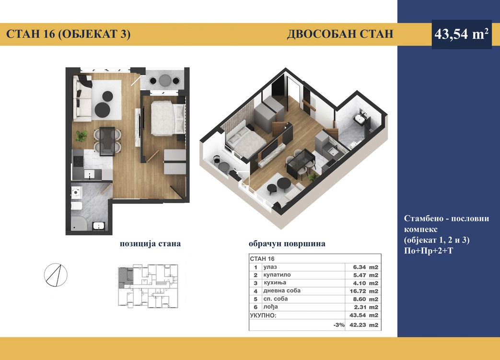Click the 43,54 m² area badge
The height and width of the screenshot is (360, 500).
point(462,34)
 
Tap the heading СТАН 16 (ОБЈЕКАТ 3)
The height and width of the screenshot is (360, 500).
point(68,34)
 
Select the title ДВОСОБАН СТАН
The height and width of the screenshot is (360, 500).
point(340,34)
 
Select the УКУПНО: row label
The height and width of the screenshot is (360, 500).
point(263,315)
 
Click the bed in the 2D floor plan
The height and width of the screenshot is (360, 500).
point(167,118)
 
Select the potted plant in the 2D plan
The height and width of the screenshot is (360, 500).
point(81,136)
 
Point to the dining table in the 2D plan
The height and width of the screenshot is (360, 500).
point(107,141)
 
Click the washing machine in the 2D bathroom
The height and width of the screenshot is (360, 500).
point(77,192)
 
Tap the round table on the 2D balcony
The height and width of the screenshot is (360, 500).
point(165,80)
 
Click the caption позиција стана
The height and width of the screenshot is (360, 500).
point(150,244)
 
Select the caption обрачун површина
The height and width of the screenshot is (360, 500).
point(287,244)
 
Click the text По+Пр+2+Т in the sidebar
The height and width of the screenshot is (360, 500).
point(428,251)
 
